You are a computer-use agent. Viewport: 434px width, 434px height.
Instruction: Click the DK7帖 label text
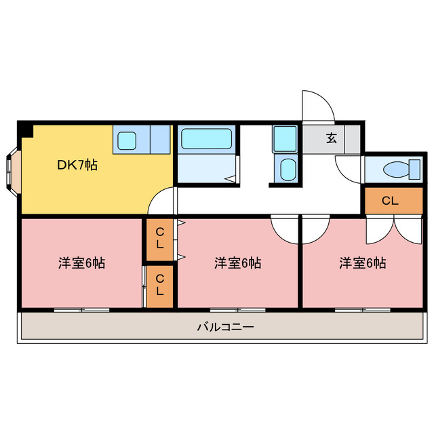coord(76,165)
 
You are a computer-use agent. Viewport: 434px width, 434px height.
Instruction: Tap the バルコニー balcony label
coord(226,327)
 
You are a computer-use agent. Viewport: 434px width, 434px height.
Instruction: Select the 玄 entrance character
coord(332,138)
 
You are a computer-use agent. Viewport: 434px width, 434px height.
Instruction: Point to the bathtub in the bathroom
coord(207,139)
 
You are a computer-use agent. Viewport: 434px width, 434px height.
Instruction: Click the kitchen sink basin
coord(127,141)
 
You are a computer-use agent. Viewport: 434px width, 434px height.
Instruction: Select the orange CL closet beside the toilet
coord(389,200)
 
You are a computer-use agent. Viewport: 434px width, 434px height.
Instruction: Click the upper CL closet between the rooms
coord(159,240)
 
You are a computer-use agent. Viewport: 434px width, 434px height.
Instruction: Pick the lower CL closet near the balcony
coord(159,285)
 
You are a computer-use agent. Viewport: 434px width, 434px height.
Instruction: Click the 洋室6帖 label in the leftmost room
coord(81,263)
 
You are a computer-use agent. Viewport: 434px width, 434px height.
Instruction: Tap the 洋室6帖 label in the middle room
coord(237,263)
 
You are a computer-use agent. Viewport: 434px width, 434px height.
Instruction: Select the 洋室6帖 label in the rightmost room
coord(363,263)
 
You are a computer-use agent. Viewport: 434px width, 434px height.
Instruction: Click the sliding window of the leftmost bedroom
coord(81,309)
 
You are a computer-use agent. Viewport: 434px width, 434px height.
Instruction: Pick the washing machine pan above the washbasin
coord(285,140)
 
